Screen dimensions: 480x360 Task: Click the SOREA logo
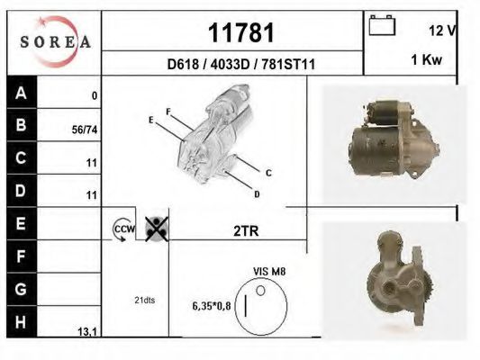[55, 42]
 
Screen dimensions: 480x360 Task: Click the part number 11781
[241, 32]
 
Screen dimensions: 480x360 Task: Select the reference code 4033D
[231, 65]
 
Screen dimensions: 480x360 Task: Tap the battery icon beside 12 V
[382, 25]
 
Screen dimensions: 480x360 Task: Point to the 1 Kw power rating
[427, 59]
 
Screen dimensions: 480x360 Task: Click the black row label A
[22, 92]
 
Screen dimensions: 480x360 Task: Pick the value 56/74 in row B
[85, 130]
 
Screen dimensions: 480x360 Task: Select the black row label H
[22, 321]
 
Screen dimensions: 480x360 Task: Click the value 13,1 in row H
[87, 331]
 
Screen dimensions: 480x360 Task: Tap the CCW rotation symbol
[123, 229]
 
